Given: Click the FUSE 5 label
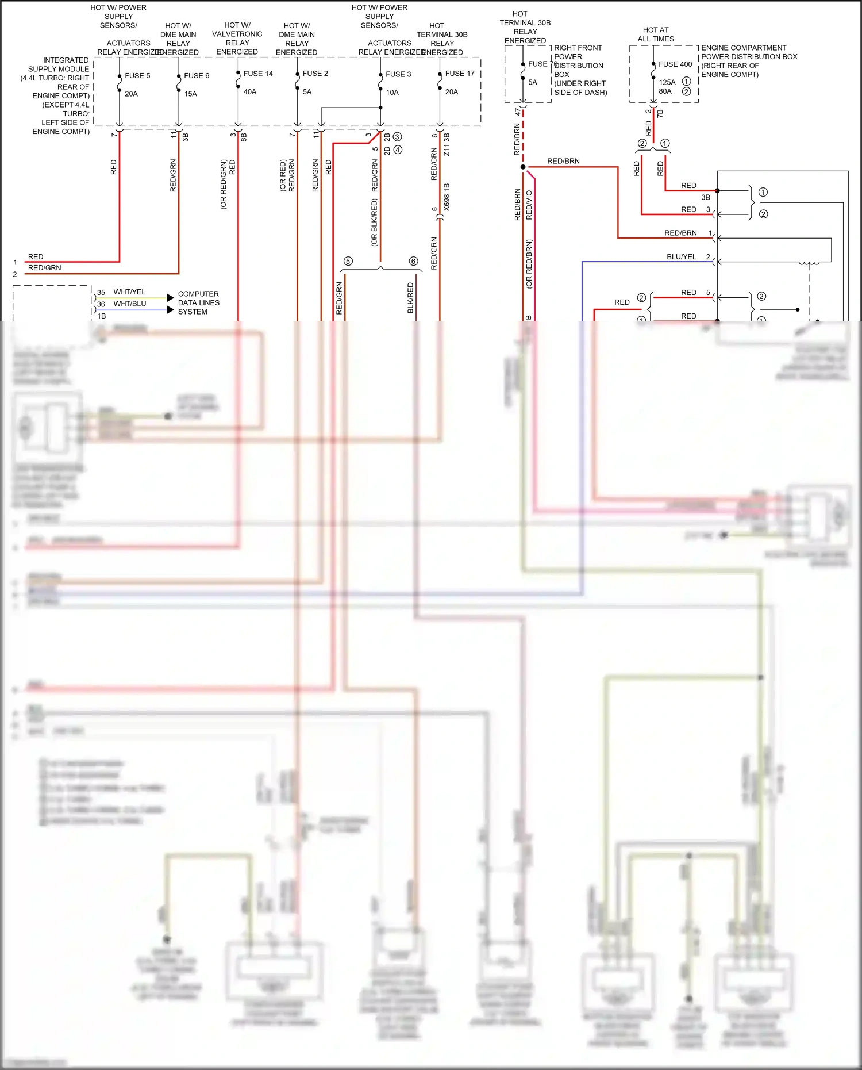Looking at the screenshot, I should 137,75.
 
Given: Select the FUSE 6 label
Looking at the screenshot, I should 197,75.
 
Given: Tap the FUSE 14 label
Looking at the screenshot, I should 258,74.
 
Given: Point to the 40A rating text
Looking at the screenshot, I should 250,91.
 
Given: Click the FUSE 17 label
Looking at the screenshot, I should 460,74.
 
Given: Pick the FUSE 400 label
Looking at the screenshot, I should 675,64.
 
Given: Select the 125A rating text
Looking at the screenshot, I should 667,82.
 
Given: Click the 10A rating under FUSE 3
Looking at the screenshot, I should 392,92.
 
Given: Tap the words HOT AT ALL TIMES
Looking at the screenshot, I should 656,34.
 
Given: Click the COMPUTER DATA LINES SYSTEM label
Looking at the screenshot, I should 198,302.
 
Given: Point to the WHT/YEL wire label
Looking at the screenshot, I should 129,292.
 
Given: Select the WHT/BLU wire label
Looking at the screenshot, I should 129,304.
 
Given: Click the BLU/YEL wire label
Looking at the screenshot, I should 681,257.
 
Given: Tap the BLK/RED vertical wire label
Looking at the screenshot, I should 410,297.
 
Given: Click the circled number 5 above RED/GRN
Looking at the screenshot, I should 348,261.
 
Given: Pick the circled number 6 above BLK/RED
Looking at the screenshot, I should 413,261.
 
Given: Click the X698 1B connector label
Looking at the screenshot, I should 447,197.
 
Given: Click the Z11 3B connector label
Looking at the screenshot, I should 447,145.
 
